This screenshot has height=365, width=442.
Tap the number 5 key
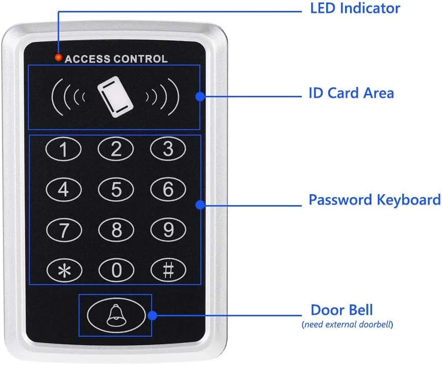click(x=116, y=189)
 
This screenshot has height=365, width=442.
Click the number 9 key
click(x=168, y=229)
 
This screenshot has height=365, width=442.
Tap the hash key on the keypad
click(x=168, y=270)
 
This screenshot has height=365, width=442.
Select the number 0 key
click(x=116, y=270)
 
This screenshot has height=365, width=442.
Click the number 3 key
click(x=168, y=148)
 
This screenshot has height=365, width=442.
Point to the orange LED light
click(x=59, y=58)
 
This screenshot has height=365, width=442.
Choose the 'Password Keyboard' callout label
click(x=374, y=200)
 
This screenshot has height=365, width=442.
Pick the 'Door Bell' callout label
click(x=341, y=310)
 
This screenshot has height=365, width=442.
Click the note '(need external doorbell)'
click(x=347, y=325)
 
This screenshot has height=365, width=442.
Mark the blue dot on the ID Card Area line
click(x=200, y=96)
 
